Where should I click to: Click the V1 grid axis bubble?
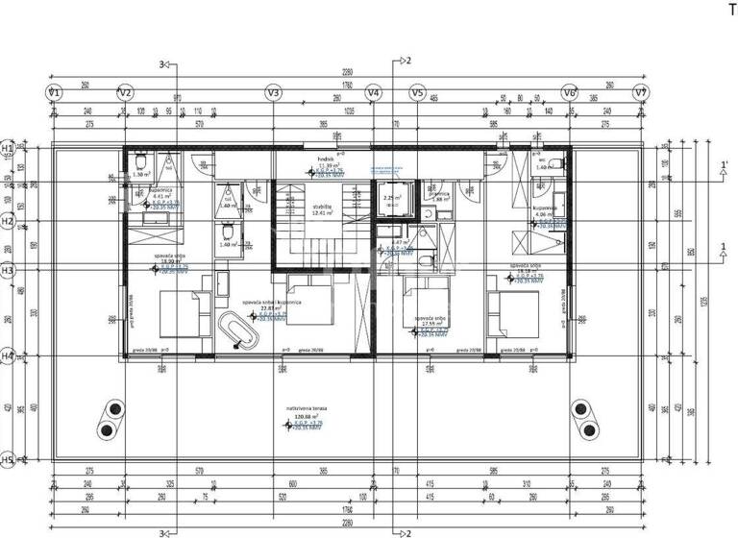pyautogui.click(x=55, y=93)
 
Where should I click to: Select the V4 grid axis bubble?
pyautogui.click(x=374, y=93)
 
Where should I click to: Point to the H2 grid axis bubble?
pyautogui.click(x=8, y=221)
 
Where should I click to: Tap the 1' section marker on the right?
pyautogui.click(x=724, y=165)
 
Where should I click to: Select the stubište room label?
pyautogui.click(x=321, y=205)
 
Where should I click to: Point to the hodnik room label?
pyautogui.click(x=325, y=158)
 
